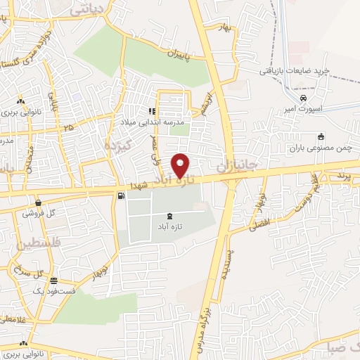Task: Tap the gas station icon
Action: (122, 195)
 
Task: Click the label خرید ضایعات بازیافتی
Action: (295, 71)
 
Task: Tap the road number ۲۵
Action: (68, 127)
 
